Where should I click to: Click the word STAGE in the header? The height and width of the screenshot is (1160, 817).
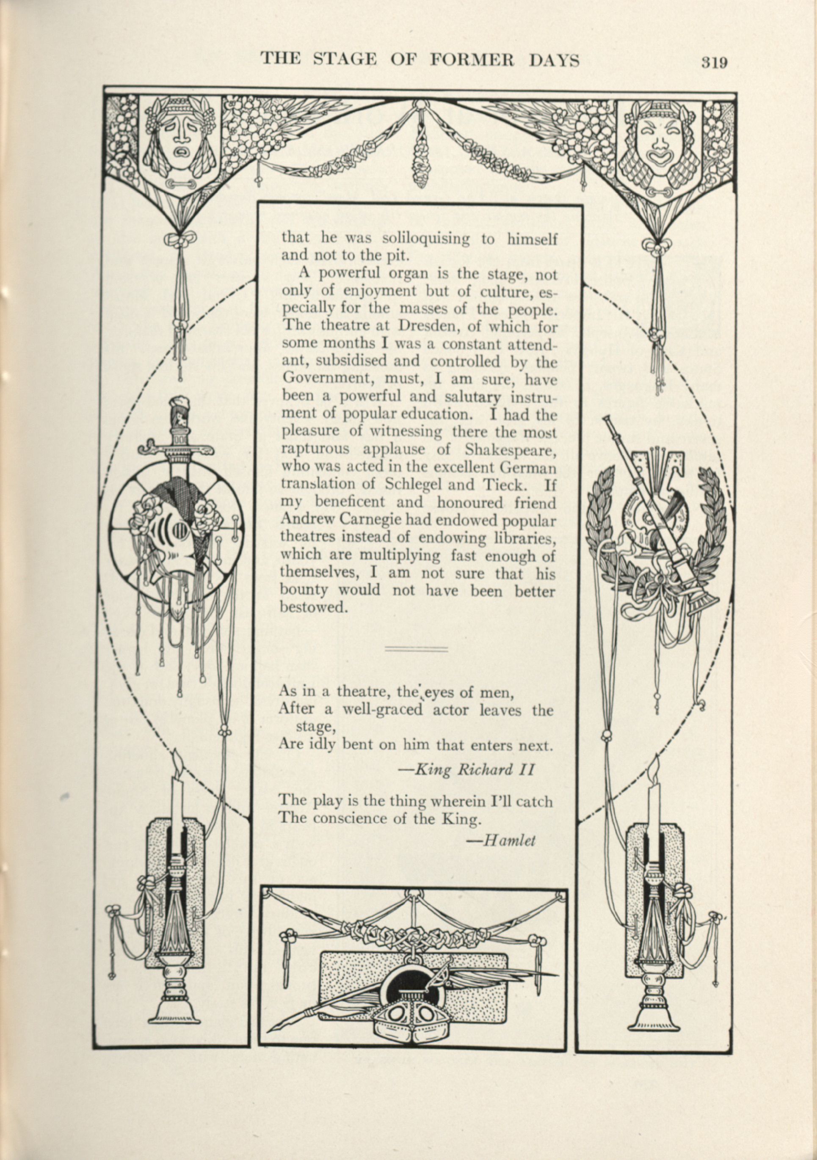[345, 60]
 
